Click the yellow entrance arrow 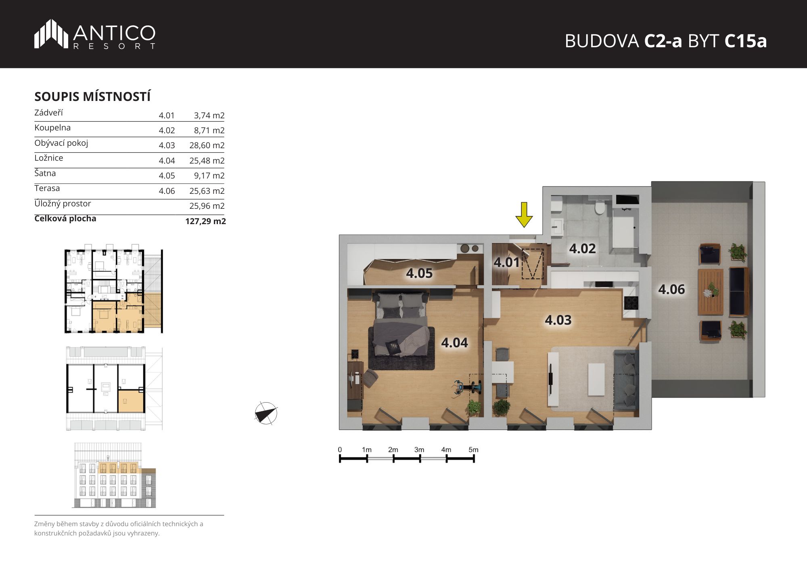pos(524,215)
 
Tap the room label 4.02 pos(582,248)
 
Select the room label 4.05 pos(419,273)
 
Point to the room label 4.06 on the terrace pos(671,289)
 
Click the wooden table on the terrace pos(710,292)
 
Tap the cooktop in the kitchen pos(631,303)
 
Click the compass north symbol pos(266,413)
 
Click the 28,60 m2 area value pos(207,145)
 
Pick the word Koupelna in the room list pos(52,128)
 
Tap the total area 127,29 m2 pos(205,221)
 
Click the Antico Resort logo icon pos(51,34)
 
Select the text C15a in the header pos(745,41)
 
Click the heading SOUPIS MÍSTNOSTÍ pos(92,97)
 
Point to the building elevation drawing pos(114,475)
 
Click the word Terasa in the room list pos(47,188)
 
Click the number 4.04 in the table pos(167,161)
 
